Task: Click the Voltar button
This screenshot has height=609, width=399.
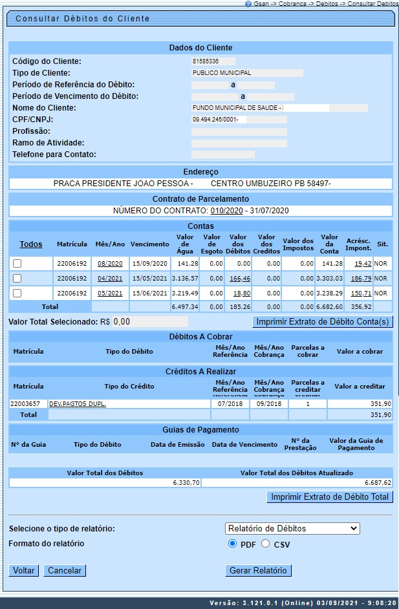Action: tap(24, 571)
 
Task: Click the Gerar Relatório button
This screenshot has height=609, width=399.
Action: tap(258, 571)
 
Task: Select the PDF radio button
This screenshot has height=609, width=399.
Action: tap(233, 544)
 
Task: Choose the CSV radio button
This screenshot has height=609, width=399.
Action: tap(266, 544)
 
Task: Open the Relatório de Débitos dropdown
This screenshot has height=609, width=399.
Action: tap(292, 529)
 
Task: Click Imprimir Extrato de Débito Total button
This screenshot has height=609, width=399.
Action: tap(330, 497)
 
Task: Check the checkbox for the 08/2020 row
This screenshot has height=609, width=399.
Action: tap(17, 264)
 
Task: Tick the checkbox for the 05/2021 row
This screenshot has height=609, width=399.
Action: tap(17, 294)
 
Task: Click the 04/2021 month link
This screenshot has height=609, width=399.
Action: tap(110, 279)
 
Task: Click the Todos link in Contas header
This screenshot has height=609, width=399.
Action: tap(31, 244)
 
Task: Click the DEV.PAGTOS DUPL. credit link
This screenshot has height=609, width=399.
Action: tap(78, 403)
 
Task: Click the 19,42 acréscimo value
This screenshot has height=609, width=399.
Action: tap(362, 264)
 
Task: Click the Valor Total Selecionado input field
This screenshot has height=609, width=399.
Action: tap(150, 321)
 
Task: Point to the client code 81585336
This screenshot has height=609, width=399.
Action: tap(205, 61)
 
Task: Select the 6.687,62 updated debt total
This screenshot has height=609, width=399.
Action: tap(377, 482)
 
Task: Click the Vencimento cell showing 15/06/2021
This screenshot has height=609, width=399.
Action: tap(149, 294)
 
